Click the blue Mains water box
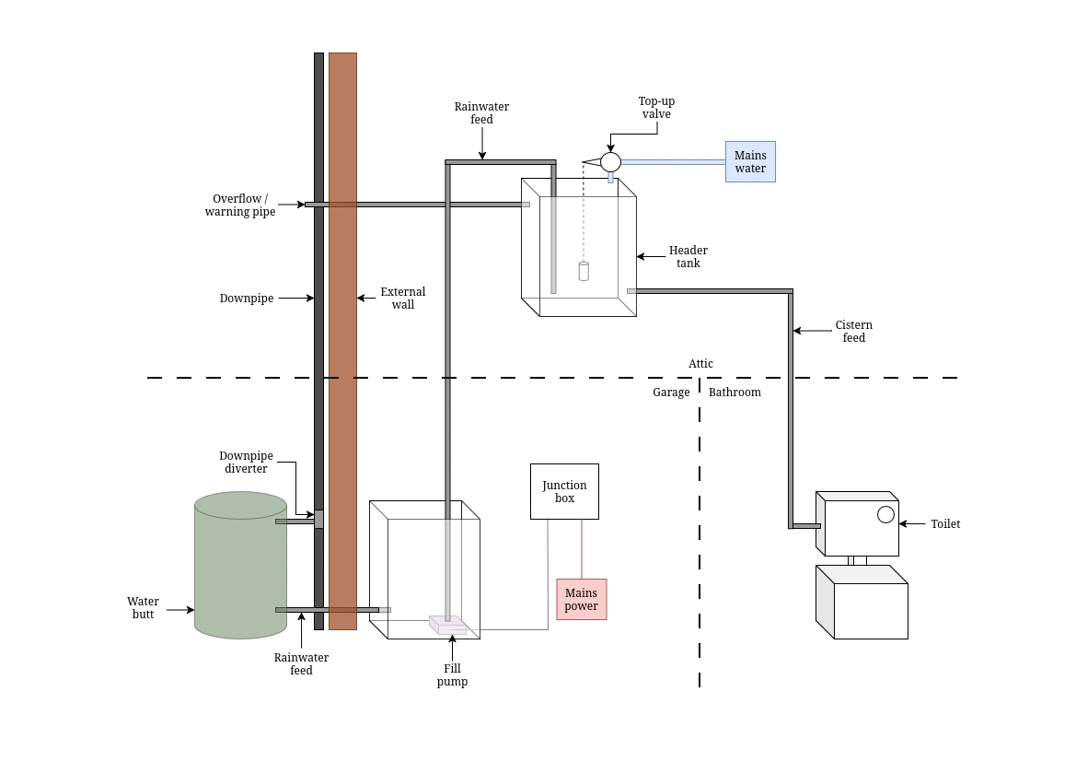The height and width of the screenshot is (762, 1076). point(750,161)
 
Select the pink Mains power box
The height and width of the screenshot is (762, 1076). point(581,599)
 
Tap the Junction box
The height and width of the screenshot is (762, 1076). point(564,491)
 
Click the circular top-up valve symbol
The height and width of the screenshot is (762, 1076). point(611,162)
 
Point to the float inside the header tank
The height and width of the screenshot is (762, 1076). point(584,272)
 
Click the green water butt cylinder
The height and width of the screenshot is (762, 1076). point(241,565)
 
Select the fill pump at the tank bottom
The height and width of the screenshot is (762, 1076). point(448,625)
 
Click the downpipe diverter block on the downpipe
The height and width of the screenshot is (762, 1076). point(318,519)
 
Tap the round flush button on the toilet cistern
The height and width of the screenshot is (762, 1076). point(885,514)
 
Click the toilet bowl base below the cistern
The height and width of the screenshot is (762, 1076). point(862,602)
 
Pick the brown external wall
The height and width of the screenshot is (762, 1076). point(342,341)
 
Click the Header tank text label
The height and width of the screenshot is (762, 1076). point(688,256)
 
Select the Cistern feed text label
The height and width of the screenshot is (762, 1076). point(853,331)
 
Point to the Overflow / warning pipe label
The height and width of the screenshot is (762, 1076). point(240,205)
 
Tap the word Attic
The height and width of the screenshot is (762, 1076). point(700,363)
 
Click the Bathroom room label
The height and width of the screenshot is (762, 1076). point(735,393)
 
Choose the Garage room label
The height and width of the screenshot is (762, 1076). point(671,393)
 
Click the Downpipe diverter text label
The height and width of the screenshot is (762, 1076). point(246,462)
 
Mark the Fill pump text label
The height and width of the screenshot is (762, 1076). point(452,674)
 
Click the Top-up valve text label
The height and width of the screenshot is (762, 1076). point(656,107)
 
